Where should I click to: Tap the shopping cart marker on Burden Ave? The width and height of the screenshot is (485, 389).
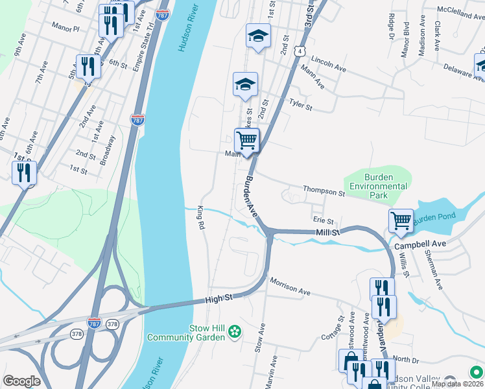[246, 140]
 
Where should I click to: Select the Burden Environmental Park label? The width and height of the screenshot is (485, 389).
[379, 186]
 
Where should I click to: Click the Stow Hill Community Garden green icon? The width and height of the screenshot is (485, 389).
[234, 333]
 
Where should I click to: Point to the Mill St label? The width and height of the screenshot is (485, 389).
[328, 232]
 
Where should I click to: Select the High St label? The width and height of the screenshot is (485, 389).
[214, 299]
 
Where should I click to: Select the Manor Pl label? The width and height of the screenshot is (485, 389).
[65, 29]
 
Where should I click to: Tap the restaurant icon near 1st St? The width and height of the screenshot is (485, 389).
[25, 172]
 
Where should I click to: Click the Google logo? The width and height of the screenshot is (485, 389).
[21, 381]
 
